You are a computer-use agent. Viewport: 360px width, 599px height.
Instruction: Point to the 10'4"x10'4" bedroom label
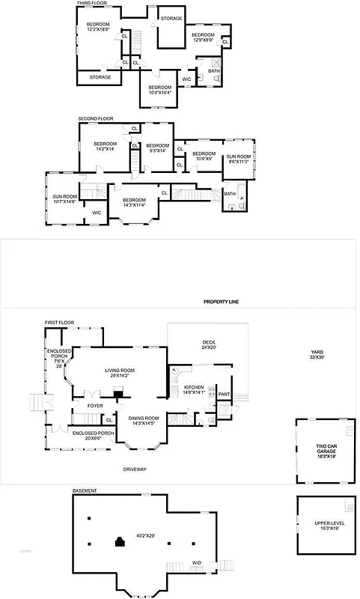click(159, 89)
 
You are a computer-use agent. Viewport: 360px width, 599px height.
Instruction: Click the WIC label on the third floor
click(186, 79)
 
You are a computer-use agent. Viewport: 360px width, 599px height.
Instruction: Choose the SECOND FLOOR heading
click(95, 118)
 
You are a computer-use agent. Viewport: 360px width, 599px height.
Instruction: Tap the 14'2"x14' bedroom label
click(105, 146)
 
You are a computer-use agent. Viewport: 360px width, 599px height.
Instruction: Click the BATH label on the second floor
click(229, 194)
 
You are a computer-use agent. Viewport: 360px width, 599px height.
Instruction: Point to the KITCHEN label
click(194, 389)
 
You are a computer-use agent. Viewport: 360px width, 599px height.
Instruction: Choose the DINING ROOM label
click(142, 421)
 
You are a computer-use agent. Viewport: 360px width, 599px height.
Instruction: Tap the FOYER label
click(94, 406)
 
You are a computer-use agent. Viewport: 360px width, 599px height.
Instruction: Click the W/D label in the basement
click(196, 562)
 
